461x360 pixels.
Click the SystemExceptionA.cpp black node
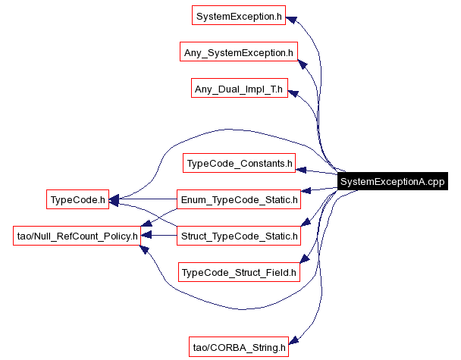[392, 182]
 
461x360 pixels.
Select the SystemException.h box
[238, 16]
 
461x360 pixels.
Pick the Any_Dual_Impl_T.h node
[238, 89]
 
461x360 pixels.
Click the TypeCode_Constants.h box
[239, 163]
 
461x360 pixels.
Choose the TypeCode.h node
[77, 200]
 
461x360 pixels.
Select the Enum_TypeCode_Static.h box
[239, 200]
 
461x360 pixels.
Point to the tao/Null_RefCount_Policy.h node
[77, 236]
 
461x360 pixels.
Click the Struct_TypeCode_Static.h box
[239, 236]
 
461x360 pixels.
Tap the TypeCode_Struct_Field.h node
[239, 271]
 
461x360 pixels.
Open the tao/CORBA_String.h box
[239, 347]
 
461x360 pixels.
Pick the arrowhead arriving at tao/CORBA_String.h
[296, 342]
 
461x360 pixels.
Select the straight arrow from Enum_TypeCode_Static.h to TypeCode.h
[144, 200]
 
